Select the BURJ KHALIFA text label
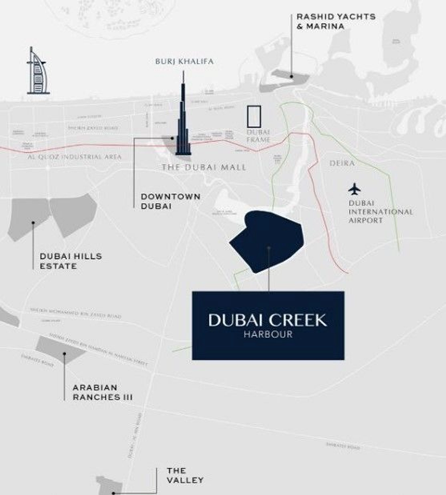(x=184, y=61)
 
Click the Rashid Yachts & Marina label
(x=336, y=21)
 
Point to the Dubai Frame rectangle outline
(x=254, y=116)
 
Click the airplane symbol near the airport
(x=354, y=189)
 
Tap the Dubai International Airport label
(x=380, y=212)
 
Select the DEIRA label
(x=342, y=163)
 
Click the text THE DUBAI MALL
(x=204, y=167)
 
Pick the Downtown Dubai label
(x=170, y=201)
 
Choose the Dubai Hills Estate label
(x=71, y=261)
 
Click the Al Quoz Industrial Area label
(x=74, y=157)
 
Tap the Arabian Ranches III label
(x=103, y=392)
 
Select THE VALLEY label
(x=185, y=475)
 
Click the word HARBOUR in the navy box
(x=268, y=334)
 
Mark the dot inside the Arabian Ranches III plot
(x=64, y=354)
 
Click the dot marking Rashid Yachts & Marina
(x=291, y=76)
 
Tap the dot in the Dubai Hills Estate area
(x=33, y=223)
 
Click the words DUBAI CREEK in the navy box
(x=268, y=320)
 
